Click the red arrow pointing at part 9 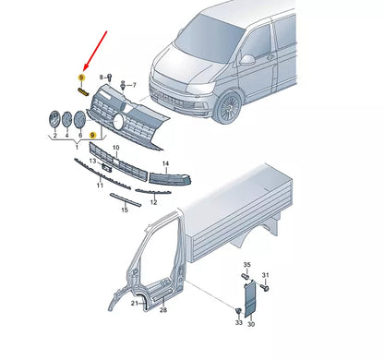[x=95, y=51]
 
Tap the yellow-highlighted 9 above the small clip [x=81, y=78]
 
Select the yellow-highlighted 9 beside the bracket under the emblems [x=92, y=135]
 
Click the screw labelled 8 [x=110, y=78]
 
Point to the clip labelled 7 [x=123, y=85]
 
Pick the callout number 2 [x=55, y=136]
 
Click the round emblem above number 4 [x=67, y=119]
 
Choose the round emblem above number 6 [x=80, y=120]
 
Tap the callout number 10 [x=115, y=148]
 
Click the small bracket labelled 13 [x=106, y=167]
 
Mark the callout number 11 [x=100, y=186]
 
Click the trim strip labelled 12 [x=153, y=192]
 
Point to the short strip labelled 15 [x=126, y=199]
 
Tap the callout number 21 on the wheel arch [x=135, y=304]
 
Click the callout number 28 [x=163, y=310]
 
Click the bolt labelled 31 [x=265, y=287]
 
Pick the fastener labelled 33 [x=238, y=311]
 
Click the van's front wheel [x=228, y=106]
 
